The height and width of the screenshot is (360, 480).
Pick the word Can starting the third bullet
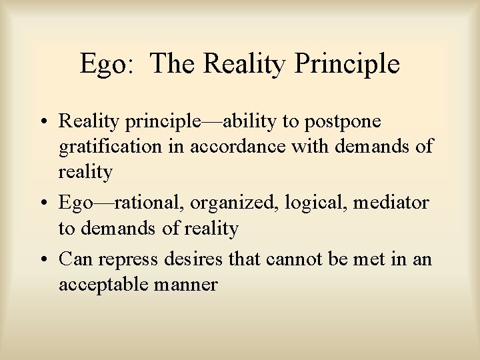pos(73,259)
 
